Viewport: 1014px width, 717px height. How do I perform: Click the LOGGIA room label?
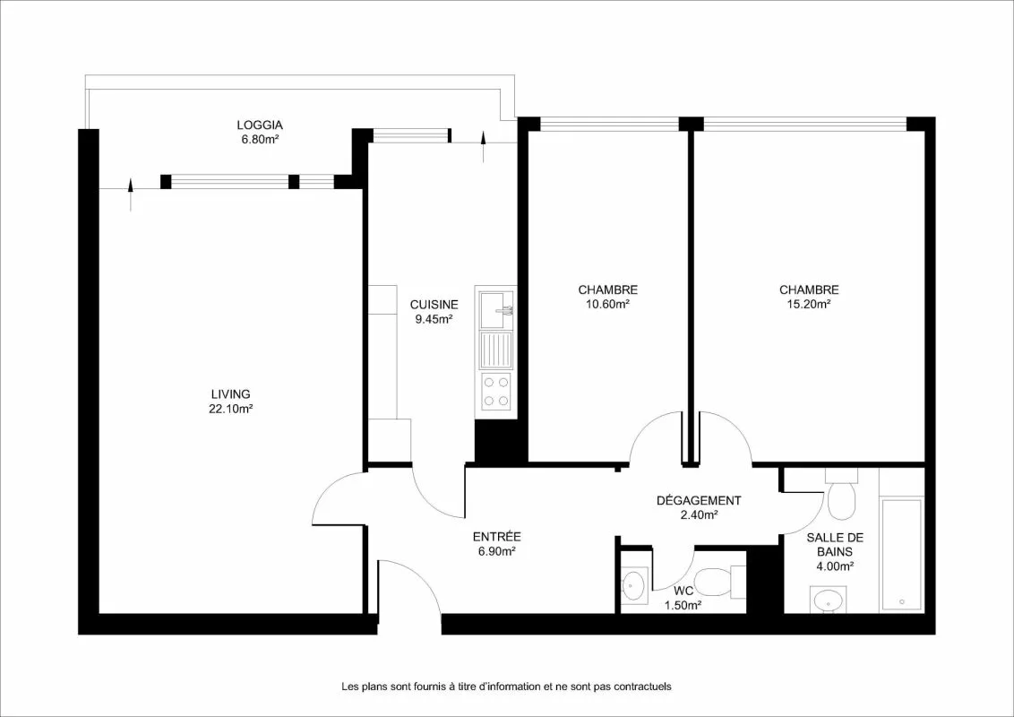pyautogui.click(x=259, y=125)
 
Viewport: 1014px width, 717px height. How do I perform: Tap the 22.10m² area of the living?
pyautogui.click(x=231, y=409)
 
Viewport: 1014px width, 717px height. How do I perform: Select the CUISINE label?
pyautogui.click(x=434, y=305)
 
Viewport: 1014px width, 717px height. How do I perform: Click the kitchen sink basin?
pyautogui.click(x=496, y=310)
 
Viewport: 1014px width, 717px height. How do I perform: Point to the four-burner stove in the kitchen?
pyautogui.click(x=496, y=393)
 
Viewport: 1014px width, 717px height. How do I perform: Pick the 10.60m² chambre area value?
pyautogui.click(x=608, y=305)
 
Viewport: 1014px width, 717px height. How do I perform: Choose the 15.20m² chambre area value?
pyautogui.click(x=808, y=305)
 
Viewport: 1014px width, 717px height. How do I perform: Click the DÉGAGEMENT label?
pyautogui.click(x=699, y=501)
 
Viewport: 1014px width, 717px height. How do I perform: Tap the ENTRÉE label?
pyautogui.click(x=496, y=537)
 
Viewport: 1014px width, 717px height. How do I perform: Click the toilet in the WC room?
pyautogui.click(x=718, y=582)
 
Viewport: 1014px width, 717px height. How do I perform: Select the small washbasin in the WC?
pyautogui.click(x=634, y=585)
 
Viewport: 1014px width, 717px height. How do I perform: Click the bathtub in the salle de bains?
pyautogui.click(x=901, y=555)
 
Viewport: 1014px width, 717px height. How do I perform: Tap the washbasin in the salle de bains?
pyautogui.click(x=828, y=600)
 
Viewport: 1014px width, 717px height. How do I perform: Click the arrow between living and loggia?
pyautogui.click(x=132, y=194)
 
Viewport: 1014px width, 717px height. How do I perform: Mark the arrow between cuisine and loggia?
pyautogui.click(x=484, y=146)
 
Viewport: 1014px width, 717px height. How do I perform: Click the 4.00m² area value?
pyautogui.click(x=834, y=566)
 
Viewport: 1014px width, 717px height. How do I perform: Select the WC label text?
pyautogui.click(x=683, y=591)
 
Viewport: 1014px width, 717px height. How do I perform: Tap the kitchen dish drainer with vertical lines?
pyautogui.click(x=496, y=350)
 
